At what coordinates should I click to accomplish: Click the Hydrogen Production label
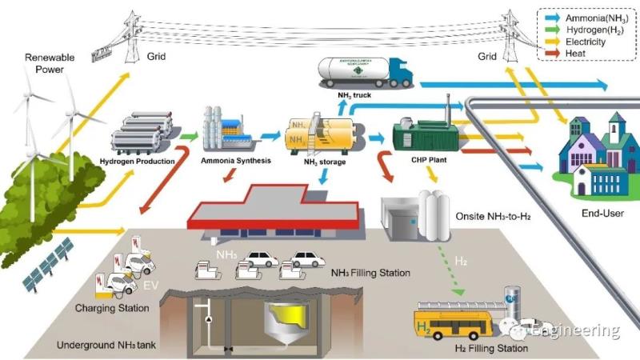[138, 161]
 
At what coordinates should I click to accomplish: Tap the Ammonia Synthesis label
[236, 161]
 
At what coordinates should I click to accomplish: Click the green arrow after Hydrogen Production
[188, 136]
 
